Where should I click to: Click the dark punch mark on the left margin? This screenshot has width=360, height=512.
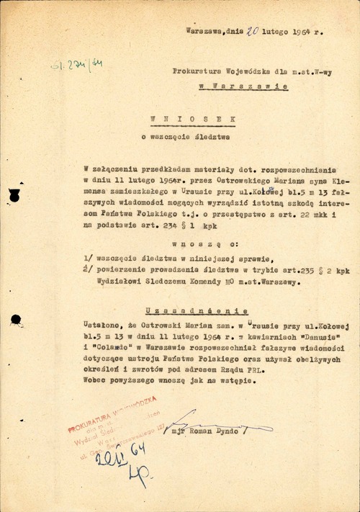pos(13,194)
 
